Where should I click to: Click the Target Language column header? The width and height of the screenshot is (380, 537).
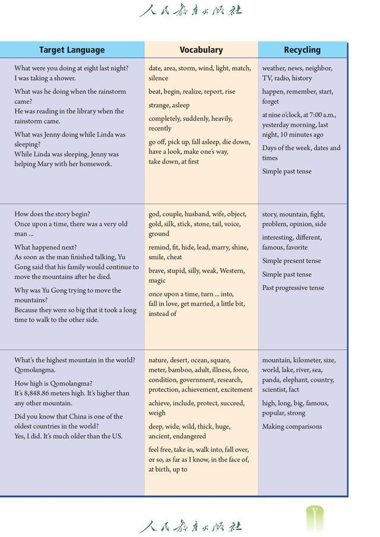click(x=72, y=50)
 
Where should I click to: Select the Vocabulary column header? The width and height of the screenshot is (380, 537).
click(x=201, y=50)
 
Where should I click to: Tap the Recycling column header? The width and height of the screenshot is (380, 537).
click(x=302, y=50)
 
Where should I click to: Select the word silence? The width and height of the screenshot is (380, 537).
click(x=159, y=78)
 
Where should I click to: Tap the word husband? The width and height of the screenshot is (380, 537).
click(x=197, y=214)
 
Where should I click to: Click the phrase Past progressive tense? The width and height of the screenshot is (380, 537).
click(x=293, y=288)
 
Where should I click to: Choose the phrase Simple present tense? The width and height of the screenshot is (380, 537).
click(x=292, y=261)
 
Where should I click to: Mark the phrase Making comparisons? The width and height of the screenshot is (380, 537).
click(x=292, y=427)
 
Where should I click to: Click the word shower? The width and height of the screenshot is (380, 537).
click(x=64, y=78)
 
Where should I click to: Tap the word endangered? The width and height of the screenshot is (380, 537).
click(x=189, y=436)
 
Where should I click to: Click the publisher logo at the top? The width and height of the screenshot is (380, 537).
click(x=191, y=10)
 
